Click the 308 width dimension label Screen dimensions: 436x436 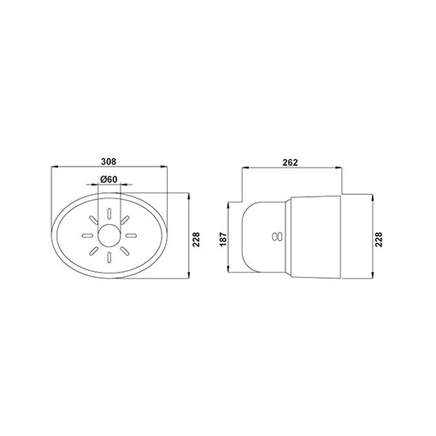tap(109, 162)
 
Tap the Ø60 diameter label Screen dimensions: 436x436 tap(109, 180)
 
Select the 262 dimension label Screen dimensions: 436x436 tap(290, 162)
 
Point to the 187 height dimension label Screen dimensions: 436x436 tap(223, 239)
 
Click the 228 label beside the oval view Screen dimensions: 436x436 tap(197, 239)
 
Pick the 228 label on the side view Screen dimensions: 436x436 tap(379, 239)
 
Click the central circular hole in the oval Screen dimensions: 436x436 tap(109, 236)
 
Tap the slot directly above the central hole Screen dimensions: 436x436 tap(109, 214)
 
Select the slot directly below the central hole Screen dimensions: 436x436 tap(109, 257)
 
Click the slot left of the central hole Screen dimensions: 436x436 tap(87, 236)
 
